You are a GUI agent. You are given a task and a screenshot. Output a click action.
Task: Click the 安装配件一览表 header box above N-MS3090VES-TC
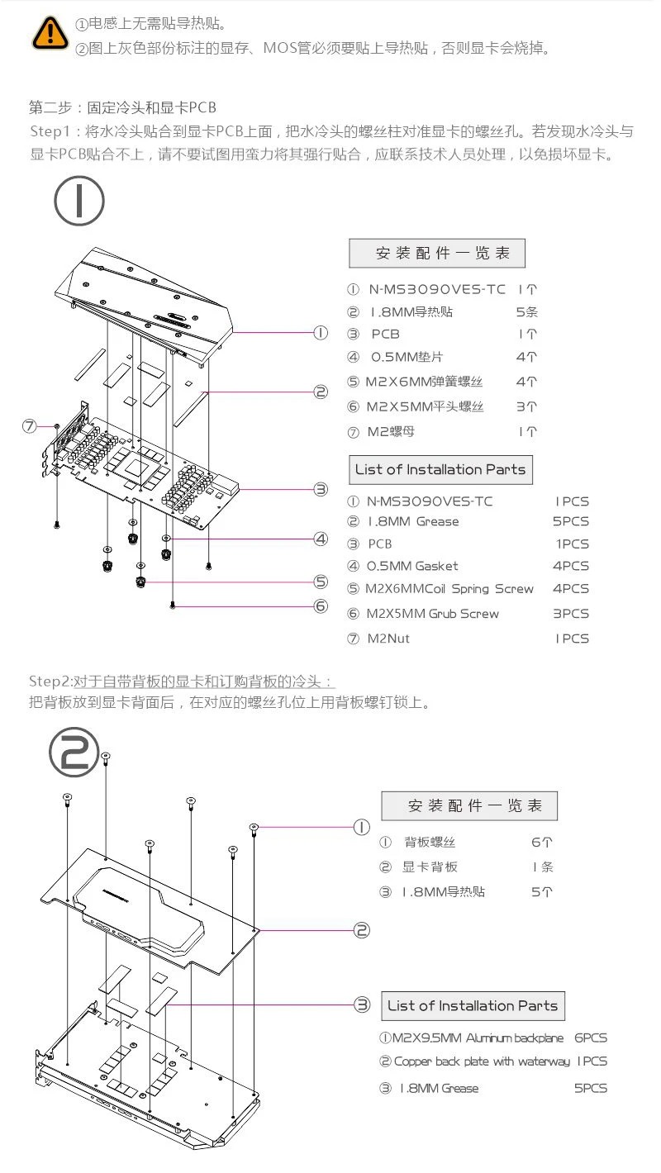(437, 253)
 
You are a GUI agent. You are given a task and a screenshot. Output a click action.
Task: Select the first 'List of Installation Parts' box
(440, 469)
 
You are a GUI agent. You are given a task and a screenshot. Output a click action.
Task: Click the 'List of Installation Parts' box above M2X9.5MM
(473, 1005)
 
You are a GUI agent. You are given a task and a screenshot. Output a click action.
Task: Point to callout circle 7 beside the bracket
(31, 426)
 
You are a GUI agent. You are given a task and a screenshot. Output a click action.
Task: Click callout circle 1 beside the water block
(321, 333)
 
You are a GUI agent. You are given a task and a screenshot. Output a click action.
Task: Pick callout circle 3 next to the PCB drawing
(321, 489)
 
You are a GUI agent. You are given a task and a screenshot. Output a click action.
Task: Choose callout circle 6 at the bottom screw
(321, 605)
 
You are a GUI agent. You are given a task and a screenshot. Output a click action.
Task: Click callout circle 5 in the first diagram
(321, 582)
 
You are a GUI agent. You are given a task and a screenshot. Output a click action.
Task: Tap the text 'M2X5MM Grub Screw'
(433, 614)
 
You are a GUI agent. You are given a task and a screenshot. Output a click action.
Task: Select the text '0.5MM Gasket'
(412, 566)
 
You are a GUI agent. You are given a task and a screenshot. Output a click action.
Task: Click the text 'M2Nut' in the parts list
(388, 638)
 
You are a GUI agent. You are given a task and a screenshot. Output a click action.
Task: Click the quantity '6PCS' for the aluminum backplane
(591, 1038)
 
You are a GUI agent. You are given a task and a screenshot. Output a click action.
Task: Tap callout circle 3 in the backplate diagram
(362, 1004)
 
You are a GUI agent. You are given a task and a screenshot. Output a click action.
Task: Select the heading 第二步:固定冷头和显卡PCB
(122, 108)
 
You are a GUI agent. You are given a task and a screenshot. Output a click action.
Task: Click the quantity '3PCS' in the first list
(571, 614)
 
